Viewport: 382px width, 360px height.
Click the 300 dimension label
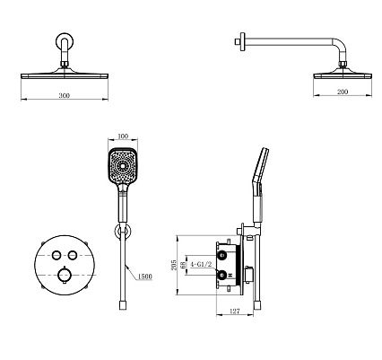click(x=65, y=96)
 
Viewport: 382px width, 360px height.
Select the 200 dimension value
click(x=343, y=92)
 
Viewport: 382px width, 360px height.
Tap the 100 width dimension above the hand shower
click(x=123, y=136)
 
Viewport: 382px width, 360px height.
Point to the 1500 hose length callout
click(x=144, y=277)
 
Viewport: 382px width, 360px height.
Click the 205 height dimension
click(x=174, y=265)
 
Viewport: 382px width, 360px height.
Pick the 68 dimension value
click(x=183, y=265)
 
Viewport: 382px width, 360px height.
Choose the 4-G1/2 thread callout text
click(x=201, y=265)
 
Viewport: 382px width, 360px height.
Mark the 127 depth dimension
click(x=235, y=312)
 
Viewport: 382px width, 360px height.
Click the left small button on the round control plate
click(x=56, y=255)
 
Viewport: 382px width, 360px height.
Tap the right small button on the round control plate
click(x=73, y=255)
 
